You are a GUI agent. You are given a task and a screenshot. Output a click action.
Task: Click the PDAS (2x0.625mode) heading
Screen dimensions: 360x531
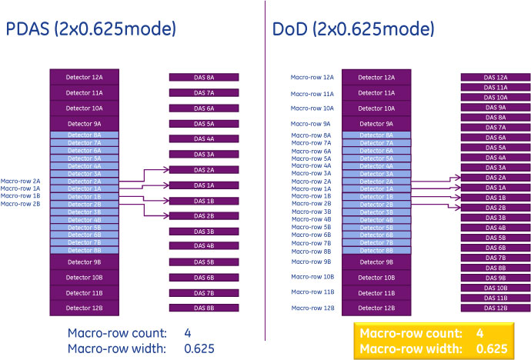tap(92, 30)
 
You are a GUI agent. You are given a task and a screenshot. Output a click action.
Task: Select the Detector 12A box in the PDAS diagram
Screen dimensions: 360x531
tap(84, 78)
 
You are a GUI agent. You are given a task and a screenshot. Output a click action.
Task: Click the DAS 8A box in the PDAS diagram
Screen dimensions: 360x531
tap(204, 78)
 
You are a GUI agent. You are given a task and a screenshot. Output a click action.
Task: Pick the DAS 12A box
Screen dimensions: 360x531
tap(496, 78)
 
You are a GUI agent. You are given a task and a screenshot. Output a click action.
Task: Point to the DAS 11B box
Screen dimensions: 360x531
tap(496, 298)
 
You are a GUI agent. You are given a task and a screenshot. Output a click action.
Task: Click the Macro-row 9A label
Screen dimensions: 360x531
tap(311, 124)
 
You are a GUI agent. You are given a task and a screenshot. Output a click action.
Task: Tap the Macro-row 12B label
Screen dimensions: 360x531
tap(312, 308)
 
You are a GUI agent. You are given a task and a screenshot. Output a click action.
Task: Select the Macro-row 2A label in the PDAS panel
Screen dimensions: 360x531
tap(21, 181)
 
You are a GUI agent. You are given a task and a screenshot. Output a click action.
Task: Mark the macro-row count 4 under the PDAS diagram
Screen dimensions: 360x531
tap(188, 333)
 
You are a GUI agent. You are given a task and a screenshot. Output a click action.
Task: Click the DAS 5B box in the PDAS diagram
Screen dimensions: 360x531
tap(204, 262)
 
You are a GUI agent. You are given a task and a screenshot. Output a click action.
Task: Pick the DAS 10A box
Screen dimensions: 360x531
tap(496, 98)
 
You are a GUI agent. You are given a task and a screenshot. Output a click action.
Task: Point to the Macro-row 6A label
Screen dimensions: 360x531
tap(312, 151)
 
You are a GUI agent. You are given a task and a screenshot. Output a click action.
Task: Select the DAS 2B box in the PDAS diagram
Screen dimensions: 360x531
tap(204, 216)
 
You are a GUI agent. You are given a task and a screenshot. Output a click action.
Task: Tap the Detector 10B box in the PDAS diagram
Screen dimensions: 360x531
tap(84, 278)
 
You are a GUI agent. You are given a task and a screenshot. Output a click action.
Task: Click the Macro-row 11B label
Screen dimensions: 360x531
tap(312, 292)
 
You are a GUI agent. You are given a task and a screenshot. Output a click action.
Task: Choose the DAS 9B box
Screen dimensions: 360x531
tap(496, 278)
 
